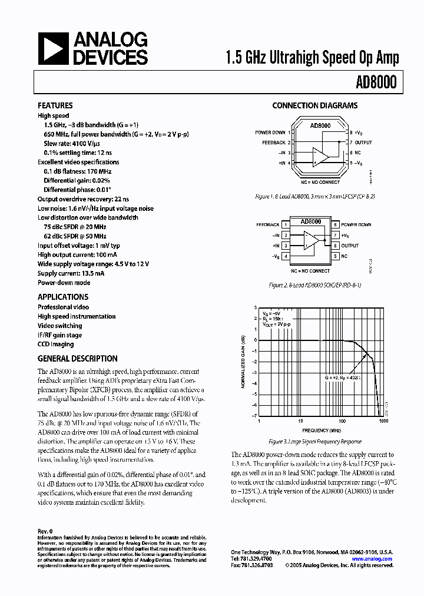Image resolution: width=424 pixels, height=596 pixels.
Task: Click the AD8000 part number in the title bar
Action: pyautogui.click(x=377, y=83)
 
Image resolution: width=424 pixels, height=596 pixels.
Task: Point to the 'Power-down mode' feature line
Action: pyautogui.click(x=64, y=282)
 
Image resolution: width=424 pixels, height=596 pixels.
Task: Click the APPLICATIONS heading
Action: pyautogui.click(x=63, y=297)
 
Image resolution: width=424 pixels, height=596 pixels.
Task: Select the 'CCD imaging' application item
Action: pyautogui.click(x=56, y=344)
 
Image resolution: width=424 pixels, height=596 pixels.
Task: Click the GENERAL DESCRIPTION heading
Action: pyautogui.click(x=78, y=359)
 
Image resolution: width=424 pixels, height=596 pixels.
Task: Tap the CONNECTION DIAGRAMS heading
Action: pyautogui.click(x=314, y=106)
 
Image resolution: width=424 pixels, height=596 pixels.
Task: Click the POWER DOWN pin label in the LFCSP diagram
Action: pyautogui.click(x=270, y=133)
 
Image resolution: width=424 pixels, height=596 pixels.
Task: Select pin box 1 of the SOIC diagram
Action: pyautogui.click(x=286, y=225)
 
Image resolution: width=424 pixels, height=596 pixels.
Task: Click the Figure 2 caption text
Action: pyautogui.click(x=314, y=284)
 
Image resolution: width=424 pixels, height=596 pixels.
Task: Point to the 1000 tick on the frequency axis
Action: pyautogui.click(x=383, y=422)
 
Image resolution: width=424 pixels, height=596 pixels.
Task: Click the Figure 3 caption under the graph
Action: pyautogui.click(x=314, y=441)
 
